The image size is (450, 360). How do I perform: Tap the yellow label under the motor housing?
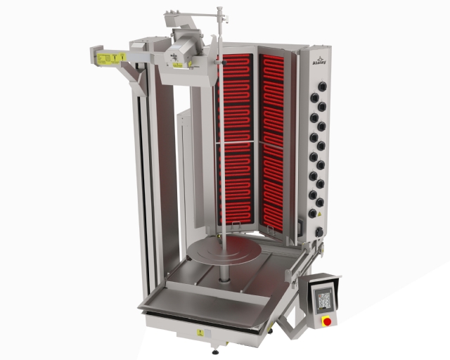point(178,63)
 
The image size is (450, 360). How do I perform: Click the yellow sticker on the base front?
point(200,330)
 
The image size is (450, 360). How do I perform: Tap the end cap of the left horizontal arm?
point(94,56)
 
